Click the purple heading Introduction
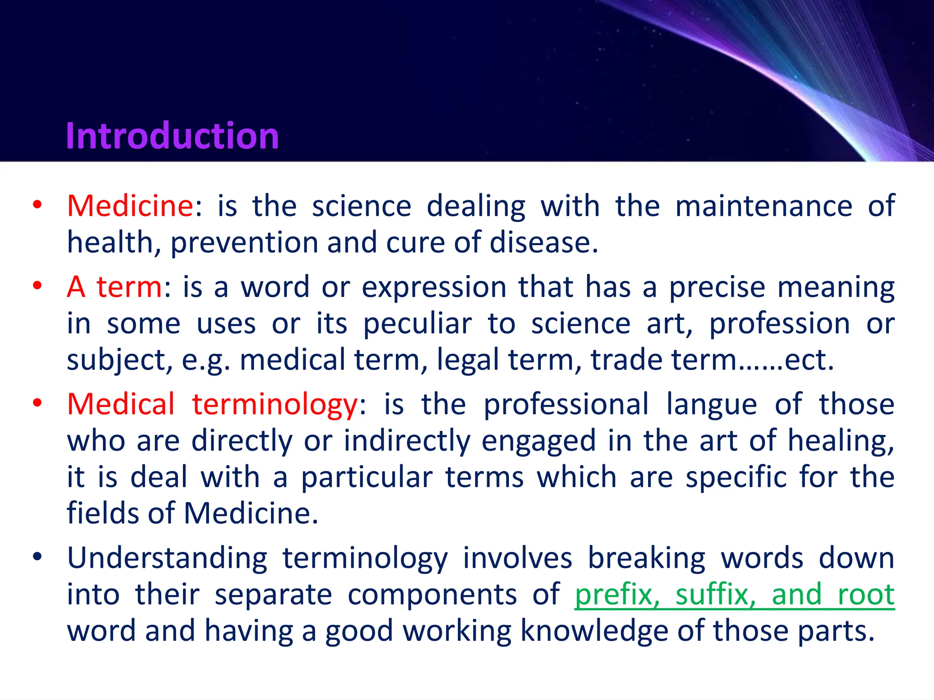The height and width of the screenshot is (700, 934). tap(172, 136)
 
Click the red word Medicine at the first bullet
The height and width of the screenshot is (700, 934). tap(130, 206)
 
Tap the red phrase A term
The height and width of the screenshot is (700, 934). tap(114, 287)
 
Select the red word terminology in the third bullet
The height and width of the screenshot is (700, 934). tap(275, 405)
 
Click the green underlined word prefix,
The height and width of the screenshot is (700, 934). tap(617, 595)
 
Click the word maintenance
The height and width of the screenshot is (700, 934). tap(763, 206)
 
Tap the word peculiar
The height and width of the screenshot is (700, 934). tap(417, 324)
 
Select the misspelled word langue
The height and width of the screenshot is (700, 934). tap(711, 405)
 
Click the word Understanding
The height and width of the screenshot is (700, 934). tap(167, 559)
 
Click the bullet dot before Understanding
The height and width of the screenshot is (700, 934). tap(37, 556)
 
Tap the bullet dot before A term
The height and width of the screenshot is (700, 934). tap(37, 286)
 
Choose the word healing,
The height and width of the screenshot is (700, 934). tap(841, 441)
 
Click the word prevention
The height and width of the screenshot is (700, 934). tap(244, 242)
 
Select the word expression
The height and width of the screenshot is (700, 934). tap(434, 287)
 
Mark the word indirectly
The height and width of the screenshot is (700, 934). tap(406, 441)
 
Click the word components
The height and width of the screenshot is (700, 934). tap(432, 595)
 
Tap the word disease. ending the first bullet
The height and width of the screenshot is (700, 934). tap(543, 242)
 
